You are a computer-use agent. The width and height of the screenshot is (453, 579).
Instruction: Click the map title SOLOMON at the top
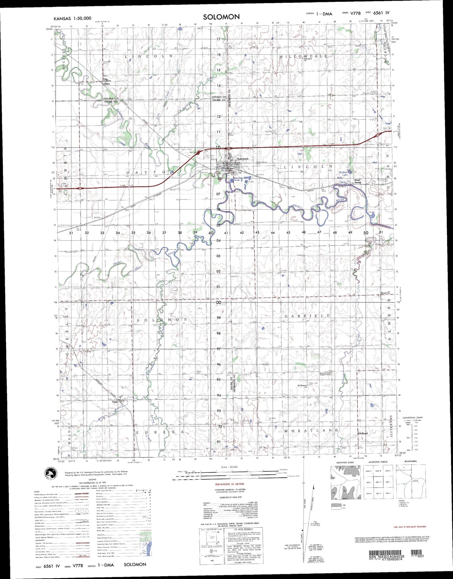coord(221,17)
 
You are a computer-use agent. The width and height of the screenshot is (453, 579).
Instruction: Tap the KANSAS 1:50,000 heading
coord(72,18)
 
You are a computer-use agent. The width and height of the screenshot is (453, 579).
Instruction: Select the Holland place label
coord(363,433)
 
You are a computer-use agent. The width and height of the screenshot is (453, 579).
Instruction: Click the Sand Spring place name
coord(357,181)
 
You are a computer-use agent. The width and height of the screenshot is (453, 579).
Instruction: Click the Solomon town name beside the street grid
coord(243,159)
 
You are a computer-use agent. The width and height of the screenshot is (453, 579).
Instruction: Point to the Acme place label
coord(384,293)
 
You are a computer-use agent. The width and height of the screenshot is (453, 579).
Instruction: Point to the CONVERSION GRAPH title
coord(413,418)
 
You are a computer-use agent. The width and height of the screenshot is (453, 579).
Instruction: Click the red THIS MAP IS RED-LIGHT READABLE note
coord(409,527)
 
